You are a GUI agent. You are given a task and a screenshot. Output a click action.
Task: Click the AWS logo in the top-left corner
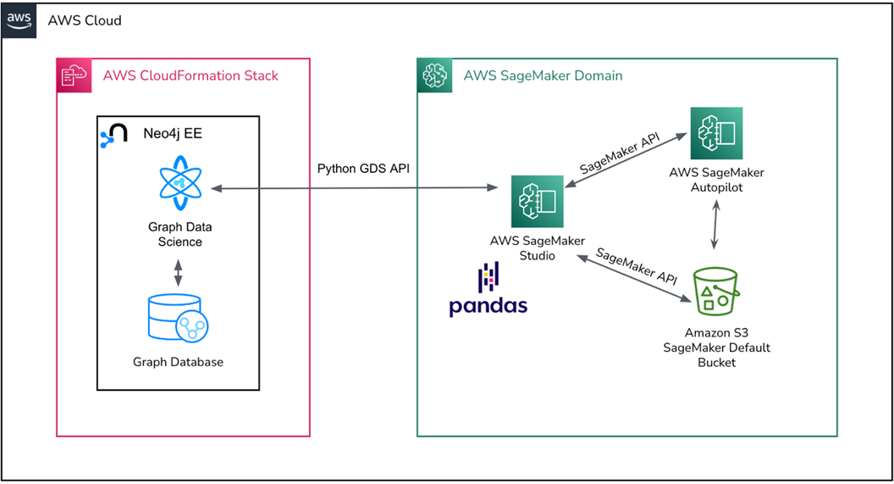[19, 19]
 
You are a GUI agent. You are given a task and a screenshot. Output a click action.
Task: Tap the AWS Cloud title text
[85, 19]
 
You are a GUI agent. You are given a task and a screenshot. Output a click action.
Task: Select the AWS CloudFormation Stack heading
[190, 75]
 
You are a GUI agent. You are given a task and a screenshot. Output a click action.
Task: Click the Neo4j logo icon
[113, 135]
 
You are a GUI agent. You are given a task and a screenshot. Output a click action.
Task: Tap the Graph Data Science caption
[179, 234]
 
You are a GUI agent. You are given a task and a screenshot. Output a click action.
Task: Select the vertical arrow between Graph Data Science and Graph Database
[178, 272]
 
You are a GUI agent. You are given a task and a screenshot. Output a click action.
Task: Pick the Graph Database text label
[178, 362]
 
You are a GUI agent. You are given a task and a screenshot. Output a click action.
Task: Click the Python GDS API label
[363, 168]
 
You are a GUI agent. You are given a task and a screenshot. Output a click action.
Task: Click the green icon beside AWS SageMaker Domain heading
[435, 75]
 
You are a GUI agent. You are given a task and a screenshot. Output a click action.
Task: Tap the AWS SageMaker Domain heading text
[543, 75]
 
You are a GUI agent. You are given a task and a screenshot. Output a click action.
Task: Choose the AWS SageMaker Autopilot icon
[716, 133]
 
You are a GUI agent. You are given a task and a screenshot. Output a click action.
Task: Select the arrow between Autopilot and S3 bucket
[716, 225]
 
